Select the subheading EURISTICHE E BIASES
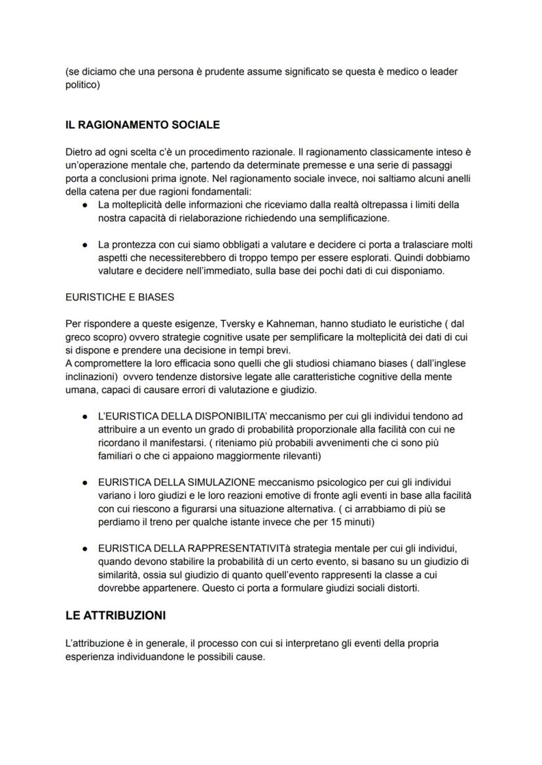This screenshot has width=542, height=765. click(120, 296)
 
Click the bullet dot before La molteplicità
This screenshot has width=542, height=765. click(85, 205)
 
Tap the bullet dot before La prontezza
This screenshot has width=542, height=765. click(85, 245)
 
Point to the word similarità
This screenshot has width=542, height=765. click(118, 575)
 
